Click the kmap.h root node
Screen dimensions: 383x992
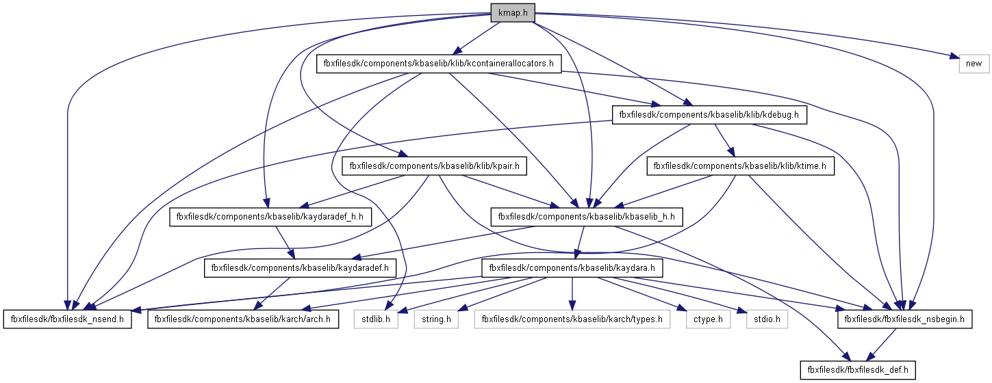512,12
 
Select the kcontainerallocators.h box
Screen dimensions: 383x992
439,64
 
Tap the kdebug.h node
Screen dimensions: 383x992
709,115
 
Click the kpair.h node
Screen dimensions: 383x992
434,166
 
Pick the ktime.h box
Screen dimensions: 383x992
740,166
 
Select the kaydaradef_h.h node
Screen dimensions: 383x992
270,217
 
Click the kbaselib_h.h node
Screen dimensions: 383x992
586,217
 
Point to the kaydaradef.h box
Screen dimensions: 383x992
301,267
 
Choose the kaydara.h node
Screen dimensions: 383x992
572,267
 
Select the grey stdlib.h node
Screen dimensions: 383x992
376,319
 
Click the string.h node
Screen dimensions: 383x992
435,319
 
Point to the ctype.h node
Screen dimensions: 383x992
705,319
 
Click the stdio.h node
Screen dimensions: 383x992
762,319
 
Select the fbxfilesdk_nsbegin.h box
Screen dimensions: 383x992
904,319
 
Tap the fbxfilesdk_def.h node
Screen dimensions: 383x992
856,370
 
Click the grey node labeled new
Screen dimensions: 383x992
974,64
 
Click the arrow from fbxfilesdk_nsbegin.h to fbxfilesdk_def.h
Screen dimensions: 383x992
880,344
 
